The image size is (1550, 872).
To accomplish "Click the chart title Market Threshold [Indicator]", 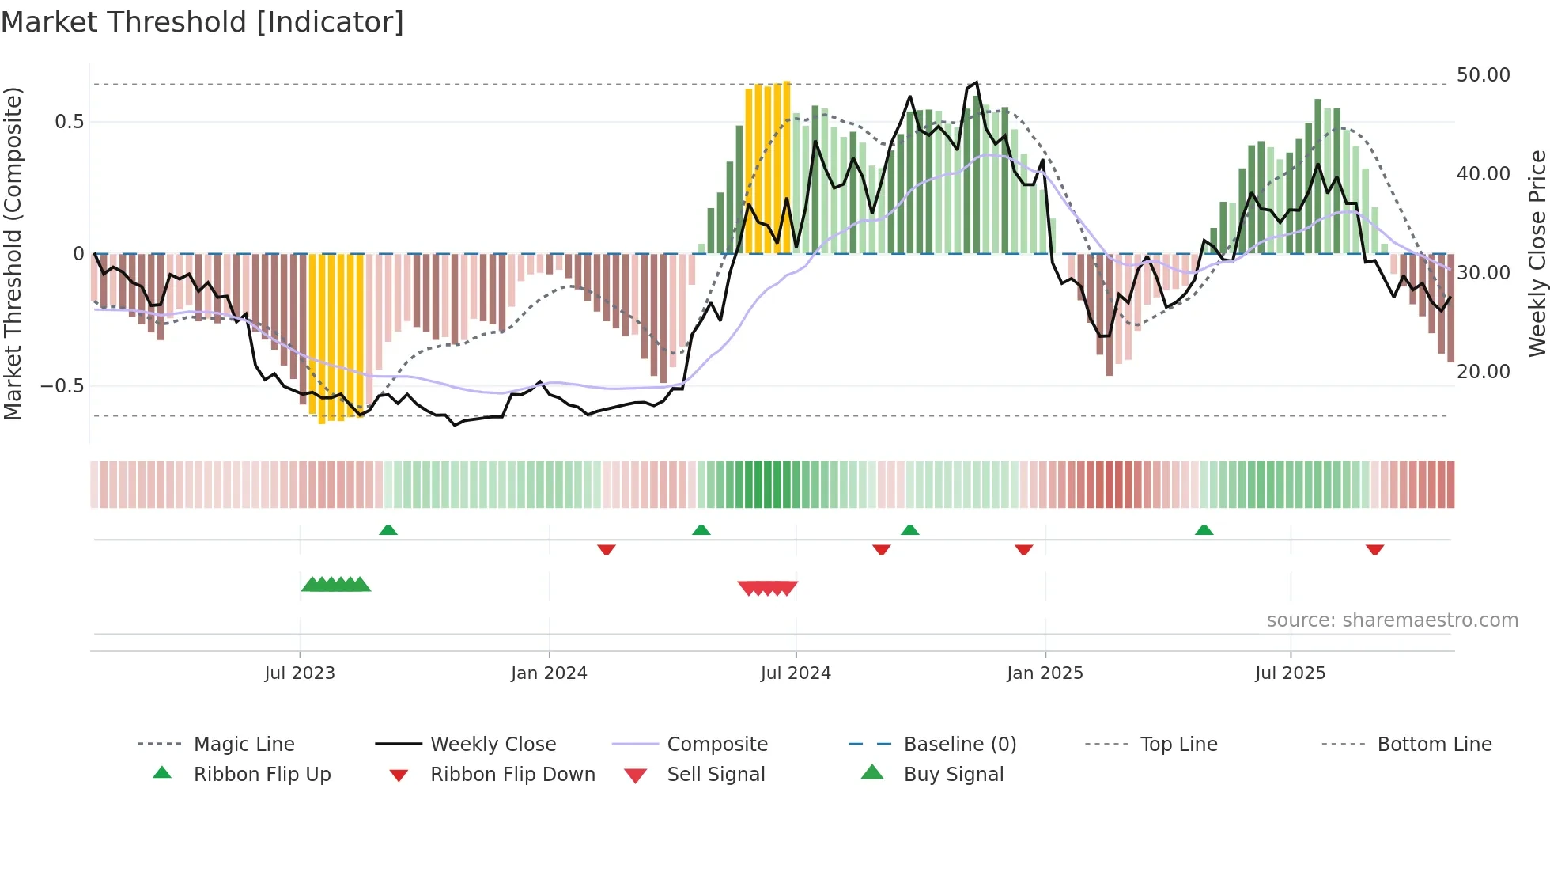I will click(202, 22).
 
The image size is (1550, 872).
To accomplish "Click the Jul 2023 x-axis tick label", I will click(300, 673).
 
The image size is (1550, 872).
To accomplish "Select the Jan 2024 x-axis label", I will click(549, 673).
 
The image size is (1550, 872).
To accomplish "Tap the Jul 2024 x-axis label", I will click(796, 673).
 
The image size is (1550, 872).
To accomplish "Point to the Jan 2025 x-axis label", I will click(1045, 673).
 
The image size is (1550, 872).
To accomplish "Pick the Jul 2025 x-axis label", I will click(1290, 673).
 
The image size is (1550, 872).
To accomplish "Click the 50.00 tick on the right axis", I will click(1483, 75).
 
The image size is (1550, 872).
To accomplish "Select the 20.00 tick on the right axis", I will click(1483, 371).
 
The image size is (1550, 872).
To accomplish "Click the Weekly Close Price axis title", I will click(1537, 253).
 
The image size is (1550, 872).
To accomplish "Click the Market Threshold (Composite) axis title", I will click(13, 253).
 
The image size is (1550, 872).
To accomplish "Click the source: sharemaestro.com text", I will click(1392, 620).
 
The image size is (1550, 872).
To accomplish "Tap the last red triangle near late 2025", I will click(1374, 549).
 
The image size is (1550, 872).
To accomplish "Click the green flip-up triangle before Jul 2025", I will click(1204, 530).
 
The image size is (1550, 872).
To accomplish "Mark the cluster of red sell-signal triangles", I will click(767, 588).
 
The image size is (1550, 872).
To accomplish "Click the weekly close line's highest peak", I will click(977, 82).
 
